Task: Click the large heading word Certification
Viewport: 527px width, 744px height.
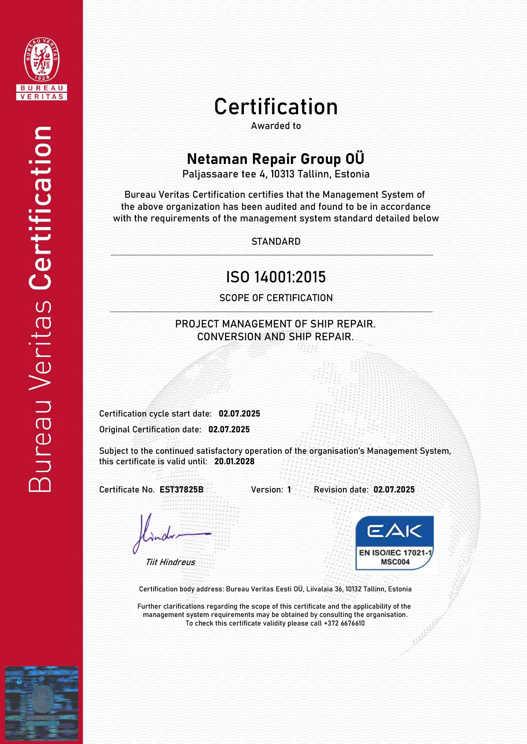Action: coord(276,107)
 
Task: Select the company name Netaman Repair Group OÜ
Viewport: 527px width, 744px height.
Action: coord(276,159)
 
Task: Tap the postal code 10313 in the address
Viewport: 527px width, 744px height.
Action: coord(282,174)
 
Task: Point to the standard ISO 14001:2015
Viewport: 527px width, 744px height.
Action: coord(276,277)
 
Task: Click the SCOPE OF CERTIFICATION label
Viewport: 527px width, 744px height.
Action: coord(276,298)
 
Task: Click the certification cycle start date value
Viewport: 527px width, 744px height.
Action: coord(239,414)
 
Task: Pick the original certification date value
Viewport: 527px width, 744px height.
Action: coord(229,429)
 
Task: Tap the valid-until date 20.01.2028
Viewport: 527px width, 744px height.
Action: coord(234,461)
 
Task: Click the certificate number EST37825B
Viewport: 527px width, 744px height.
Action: coord(181,489)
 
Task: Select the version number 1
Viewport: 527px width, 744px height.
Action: coord(289,489)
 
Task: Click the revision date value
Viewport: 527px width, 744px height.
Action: coord(394,489)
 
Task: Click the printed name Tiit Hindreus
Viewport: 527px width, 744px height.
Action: coord(170,562)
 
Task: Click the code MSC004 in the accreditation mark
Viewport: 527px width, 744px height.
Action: coord(395,562)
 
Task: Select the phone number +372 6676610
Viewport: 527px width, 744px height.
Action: coord(344,623)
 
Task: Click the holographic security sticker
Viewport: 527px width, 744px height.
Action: coord(41,703)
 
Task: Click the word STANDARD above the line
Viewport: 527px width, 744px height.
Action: coord(276,241)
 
